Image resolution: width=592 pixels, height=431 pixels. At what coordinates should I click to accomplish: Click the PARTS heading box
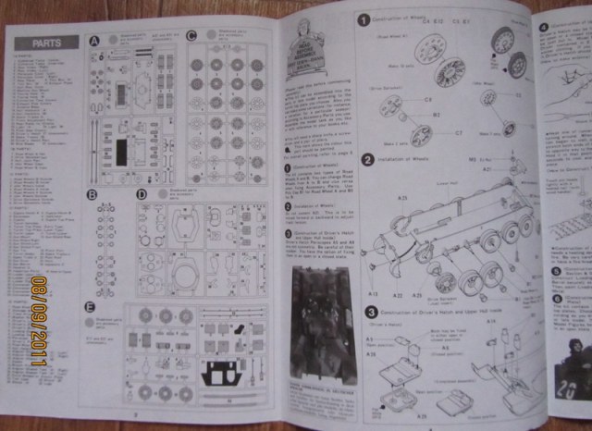point(46,43)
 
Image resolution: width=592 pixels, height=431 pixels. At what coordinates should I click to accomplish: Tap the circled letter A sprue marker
point(93,41)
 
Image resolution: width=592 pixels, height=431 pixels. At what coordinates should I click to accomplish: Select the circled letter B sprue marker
point(92,194)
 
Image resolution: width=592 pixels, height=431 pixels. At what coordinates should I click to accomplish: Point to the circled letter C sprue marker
point(191,35)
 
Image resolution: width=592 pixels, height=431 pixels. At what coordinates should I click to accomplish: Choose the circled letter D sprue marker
point(142,194)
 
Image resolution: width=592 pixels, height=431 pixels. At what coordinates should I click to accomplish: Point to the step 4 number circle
point(544,27)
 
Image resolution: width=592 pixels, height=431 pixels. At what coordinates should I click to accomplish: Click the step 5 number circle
point(557,271)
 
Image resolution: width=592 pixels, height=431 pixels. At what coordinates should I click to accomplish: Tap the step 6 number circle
point(557,298)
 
